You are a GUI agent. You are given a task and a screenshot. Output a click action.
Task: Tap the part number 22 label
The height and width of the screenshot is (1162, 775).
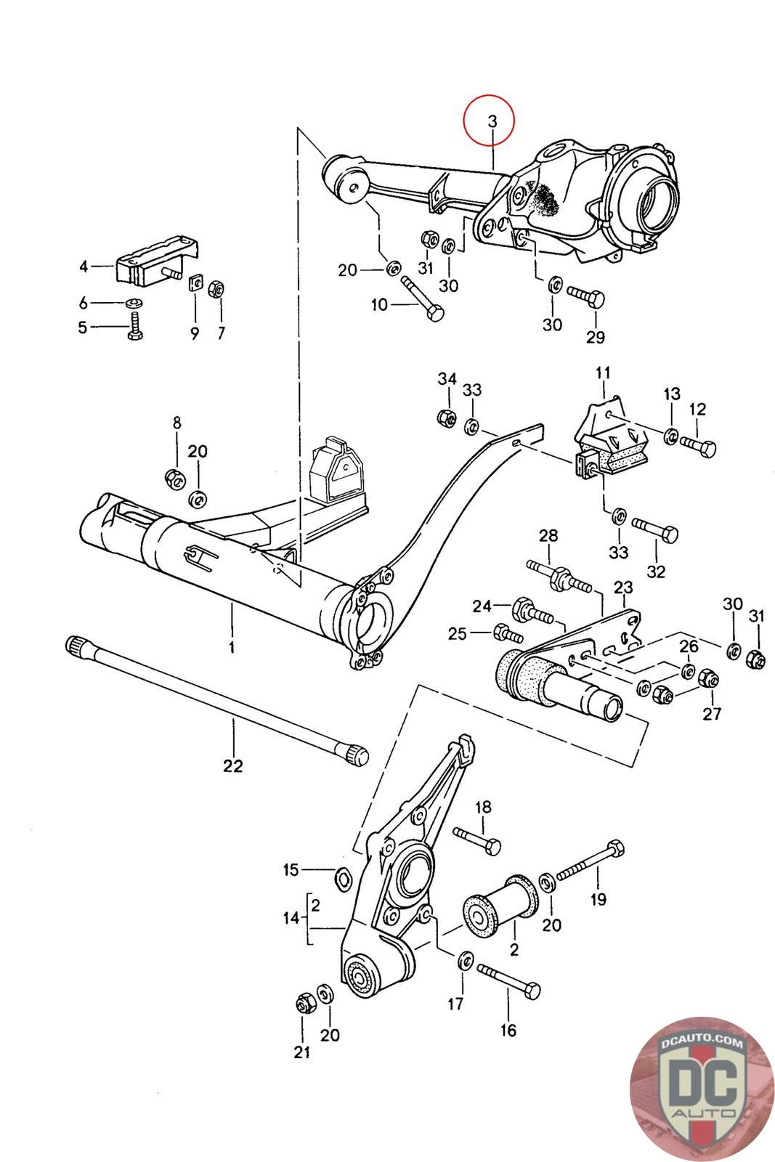point(232,765)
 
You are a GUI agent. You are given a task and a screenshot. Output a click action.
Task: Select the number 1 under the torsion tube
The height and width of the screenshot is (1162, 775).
point(232,647)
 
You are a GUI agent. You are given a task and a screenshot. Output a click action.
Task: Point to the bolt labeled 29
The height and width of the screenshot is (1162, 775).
point(585,298)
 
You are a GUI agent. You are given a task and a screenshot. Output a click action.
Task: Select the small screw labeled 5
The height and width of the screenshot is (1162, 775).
point(135,325)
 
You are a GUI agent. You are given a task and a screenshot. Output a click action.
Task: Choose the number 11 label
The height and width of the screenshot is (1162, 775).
point(602,373)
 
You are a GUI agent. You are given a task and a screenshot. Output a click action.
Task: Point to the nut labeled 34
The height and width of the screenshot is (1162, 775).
point(446,417)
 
